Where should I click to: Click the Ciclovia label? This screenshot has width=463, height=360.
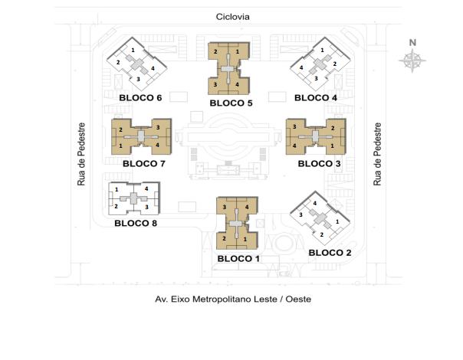tap(233, 17)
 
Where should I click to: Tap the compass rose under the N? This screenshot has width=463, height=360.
tap(412, 61)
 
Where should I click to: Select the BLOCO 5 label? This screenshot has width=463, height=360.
tap(231, 103)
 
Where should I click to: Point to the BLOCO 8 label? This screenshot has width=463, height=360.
tap(136, 223)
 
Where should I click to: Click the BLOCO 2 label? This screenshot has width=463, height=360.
tap(330, 253)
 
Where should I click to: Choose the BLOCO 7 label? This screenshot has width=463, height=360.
tap(144, 163)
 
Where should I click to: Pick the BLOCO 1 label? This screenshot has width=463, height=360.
tap(238, 259)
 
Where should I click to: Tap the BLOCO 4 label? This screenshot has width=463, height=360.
tap(316, 98)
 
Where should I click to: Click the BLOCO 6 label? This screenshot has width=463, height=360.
tap(140, 98)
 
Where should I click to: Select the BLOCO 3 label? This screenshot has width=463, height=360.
tap(319, 163)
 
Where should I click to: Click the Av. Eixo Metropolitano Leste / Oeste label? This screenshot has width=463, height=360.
tap(233, 299)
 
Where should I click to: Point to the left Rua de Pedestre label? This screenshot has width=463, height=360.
tap(81, 154)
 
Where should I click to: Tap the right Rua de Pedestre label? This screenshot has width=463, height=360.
tap(377, 154)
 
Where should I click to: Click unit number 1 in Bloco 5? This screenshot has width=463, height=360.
tap(238, 51)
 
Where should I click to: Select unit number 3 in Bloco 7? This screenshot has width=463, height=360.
tap(158, 127)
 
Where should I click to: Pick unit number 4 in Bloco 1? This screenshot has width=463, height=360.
tap(247, 207)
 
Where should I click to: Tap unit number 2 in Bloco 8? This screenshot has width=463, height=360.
tap(116, 206)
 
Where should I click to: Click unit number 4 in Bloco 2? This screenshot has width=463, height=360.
tap(315, 203)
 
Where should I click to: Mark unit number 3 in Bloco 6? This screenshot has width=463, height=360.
tap(138, 79)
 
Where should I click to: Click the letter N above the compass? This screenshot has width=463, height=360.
tap(412, 43)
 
